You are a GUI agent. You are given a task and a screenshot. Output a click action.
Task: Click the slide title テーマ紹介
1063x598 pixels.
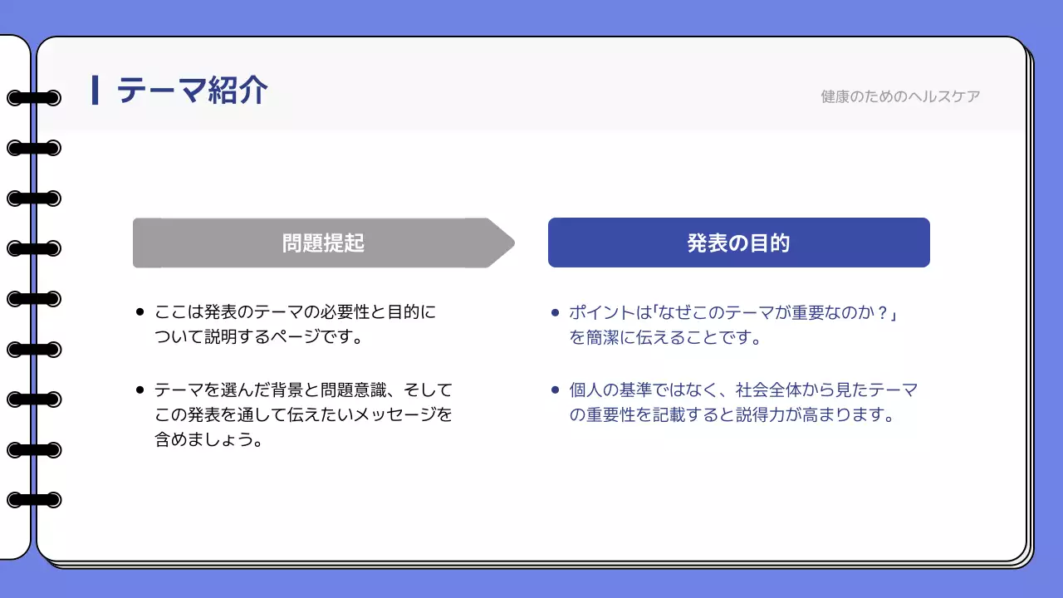(192, 90)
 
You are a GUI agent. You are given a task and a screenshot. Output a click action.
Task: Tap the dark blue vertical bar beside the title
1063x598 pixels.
(96, 90)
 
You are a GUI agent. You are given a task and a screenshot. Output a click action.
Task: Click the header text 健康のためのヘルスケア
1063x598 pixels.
(900, 96)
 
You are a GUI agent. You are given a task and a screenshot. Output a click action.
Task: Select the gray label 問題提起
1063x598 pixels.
(323, 243)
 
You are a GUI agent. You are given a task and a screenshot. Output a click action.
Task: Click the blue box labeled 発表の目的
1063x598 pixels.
(738, 243)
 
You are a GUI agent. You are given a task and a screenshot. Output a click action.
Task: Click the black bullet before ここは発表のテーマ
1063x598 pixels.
(140, 313)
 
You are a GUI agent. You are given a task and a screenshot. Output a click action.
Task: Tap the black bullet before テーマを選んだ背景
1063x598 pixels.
(140, 390)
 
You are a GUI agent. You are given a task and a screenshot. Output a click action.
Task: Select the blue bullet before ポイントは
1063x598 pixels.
(555, 313)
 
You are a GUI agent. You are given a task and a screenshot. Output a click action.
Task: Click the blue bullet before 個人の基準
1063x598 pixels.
(555, 390)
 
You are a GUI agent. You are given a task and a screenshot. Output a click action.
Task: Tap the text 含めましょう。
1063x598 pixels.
(208, 439)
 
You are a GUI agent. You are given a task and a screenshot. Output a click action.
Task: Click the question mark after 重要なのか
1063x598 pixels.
(883, 313)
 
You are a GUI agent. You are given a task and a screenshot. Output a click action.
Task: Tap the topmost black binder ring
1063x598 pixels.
(34, 98)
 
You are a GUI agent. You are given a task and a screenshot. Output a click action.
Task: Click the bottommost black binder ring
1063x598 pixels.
(34, 500)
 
